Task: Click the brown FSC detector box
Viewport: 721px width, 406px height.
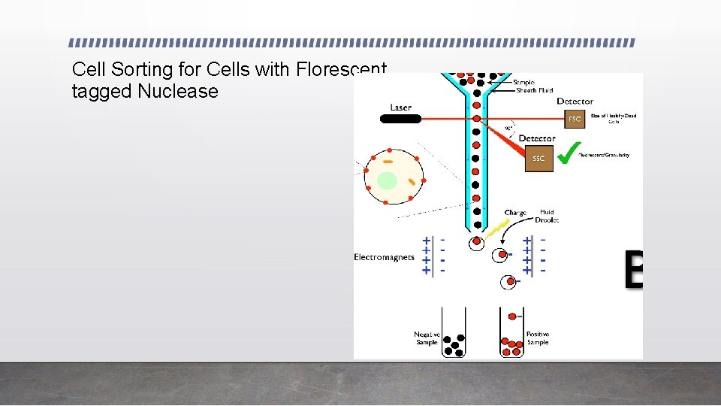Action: pos(575,119)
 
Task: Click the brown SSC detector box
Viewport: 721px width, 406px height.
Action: pos(538,159)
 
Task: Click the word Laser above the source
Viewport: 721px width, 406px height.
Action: pos(400,108)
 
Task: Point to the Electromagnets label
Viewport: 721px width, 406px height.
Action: pos(384,257)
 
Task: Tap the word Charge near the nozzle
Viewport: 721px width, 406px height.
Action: pos(515,213)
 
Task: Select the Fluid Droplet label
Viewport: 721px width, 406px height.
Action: pos(547,217)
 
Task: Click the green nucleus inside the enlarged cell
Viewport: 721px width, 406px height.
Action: pos(387,181)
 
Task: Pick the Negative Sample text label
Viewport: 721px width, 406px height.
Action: pos(427,338)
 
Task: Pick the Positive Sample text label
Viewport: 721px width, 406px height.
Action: pos(537,338)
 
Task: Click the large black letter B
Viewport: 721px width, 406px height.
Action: pos(634,271)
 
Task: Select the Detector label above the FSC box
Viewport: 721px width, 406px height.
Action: pos(575,101)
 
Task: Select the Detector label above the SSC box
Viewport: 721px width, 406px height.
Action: pos(537,138)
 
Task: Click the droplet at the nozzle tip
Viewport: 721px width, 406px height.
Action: pos(476,243)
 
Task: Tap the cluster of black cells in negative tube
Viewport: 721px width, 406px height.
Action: pos(454,344)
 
